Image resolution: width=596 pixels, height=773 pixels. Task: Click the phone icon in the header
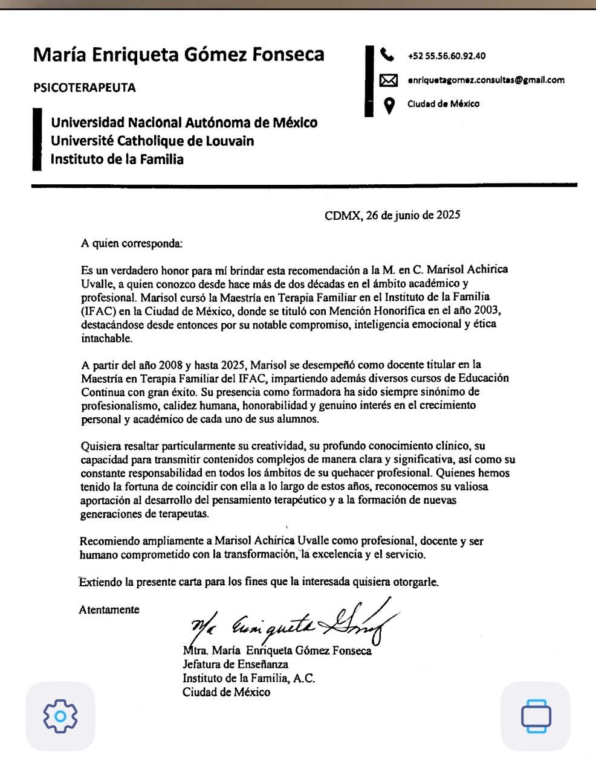coord(387,55)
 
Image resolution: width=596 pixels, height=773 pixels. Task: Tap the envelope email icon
coord(388,80)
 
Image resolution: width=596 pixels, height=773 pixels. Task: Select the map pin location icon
coord(389,105)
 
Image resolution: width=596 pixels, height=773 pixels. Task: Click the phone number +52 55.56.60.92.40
coord(447,56)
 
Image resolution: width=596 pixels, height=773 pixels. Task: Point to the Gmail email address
coord(486,80)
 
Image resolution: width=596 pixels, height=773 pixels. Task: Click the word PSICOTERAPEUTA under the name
coord(85,88)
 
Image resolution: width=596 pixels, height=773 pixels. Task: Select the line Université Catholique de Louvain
coord(152,141)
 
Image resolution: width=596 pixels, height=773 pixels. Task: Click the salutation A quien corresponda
coord(131,244)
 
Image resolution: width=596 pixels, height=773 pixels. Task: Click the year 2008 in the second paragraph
coord(171,365)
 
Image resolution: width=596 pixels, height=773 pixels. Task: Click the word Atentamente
coord(109,609)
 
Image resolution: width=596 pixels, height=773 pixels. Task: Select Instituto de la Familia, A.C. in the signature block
coord(248,678)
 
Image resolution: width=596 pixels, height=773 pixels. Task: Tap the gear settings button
coord(60,716)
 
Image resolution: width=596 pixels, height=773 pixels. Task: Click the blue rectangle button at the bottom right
coord(536,716)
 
